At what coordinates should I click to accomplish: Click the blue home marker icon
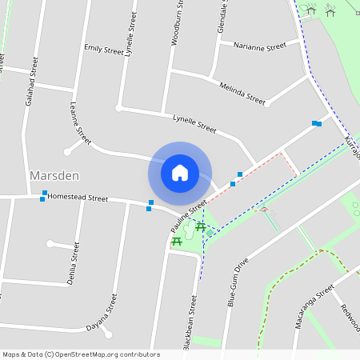(x=180, y=173)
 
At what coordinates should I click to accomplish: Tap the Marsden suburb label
(x=54, y=175)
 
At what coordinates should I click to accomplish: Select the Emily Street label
(x=104, y=50)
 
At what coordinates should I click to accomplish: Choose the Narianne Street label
(x=260, y=46)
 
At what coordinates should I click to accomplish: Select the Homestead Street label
(x=78, y=198)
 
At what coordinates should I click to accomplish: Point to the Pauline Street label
(x=189, y=213)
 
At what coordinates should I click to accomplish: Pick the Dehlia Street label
(x=74, y=261)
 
